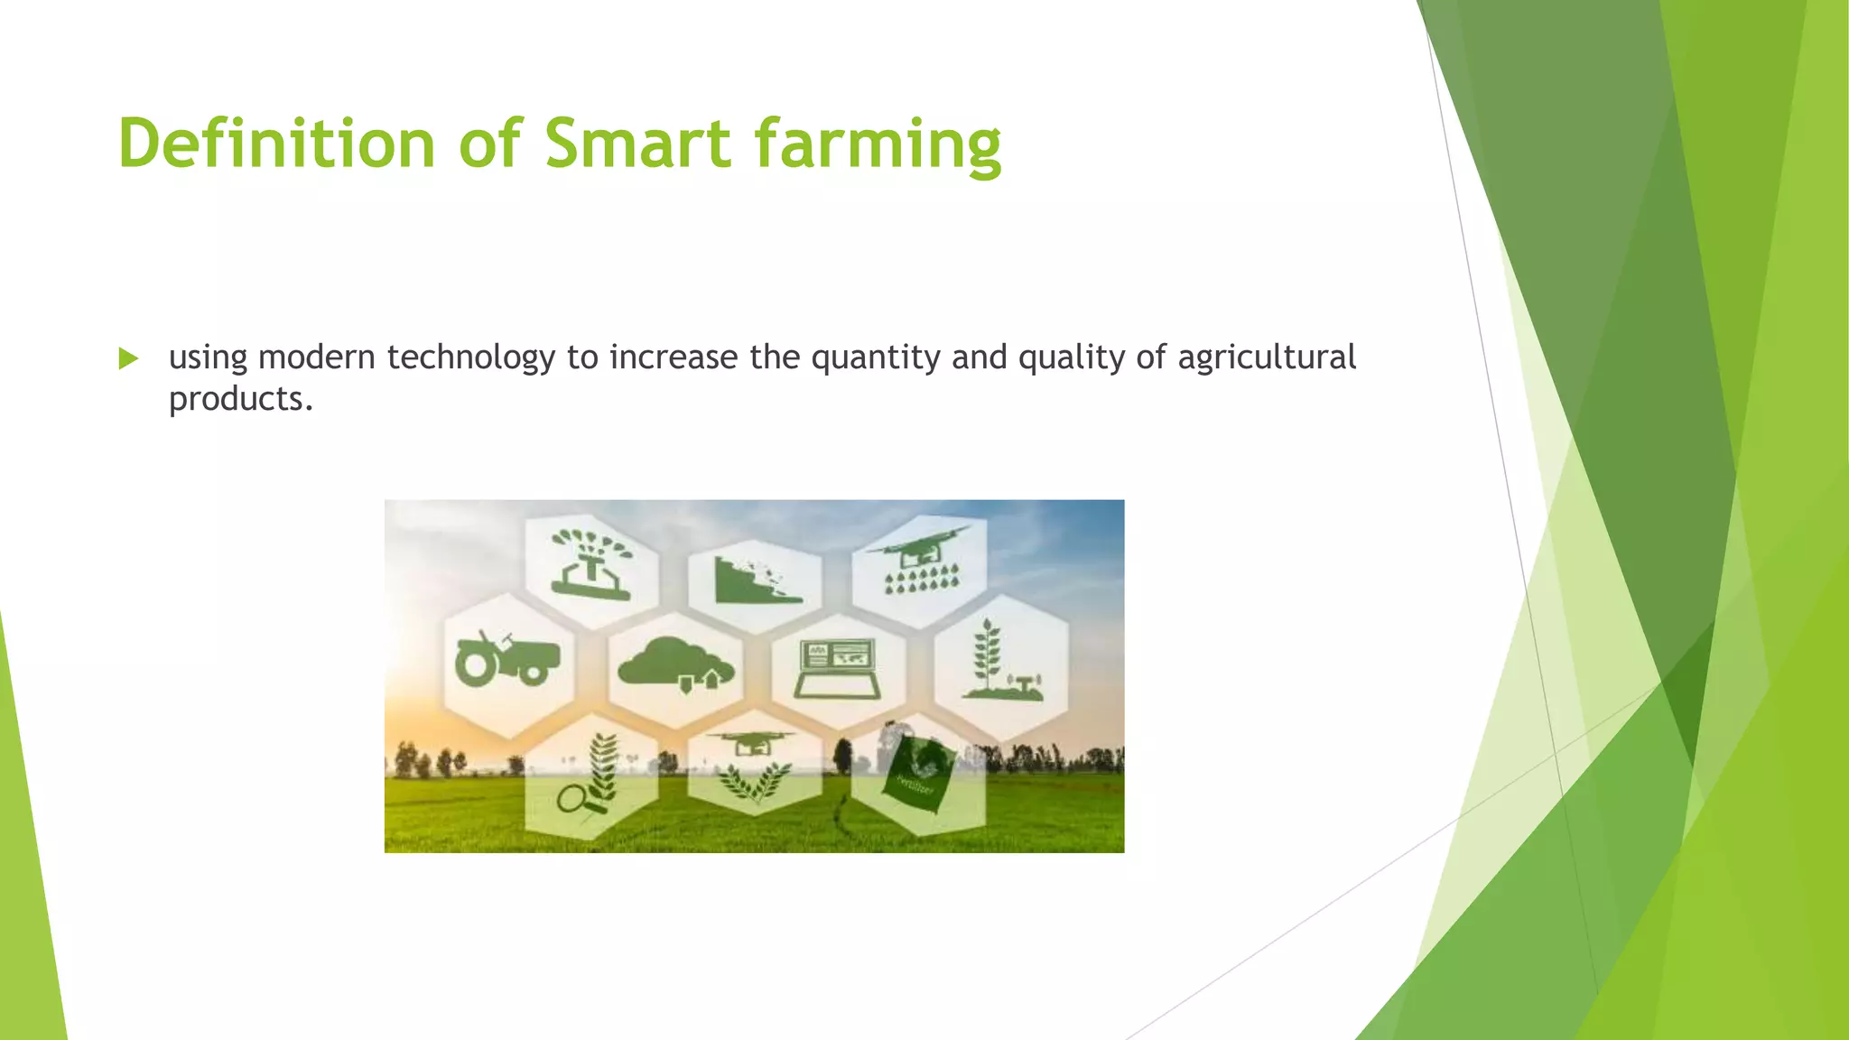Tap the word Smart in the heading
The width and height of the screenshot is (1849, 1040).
(x=637, y=144)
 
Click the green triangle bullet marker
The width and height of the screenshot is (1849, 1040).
(x=128, y=359)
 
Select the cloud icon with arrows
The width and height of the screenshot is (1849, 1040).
(x=675, y=664)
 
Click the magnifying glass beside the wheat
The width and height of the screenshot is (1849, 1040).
(x=572, y=798)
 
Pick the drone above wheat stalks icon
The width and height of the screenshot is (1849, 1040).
(x=753, y=767)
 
